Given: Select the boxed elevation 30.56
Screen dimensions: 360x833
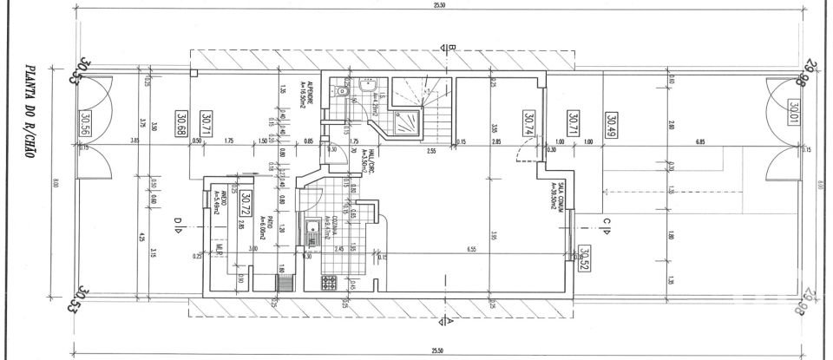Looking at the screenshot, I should click(x=85, y=127).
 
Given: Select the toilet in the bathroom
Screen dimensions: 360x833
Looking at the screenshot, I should click(x=344, y=89).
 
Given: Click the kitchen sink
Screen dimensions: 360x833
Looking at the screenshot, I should click(x=310, y=233).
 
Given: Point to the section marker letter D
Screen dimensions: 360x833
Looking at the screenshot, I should click(x=176, y=227).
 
